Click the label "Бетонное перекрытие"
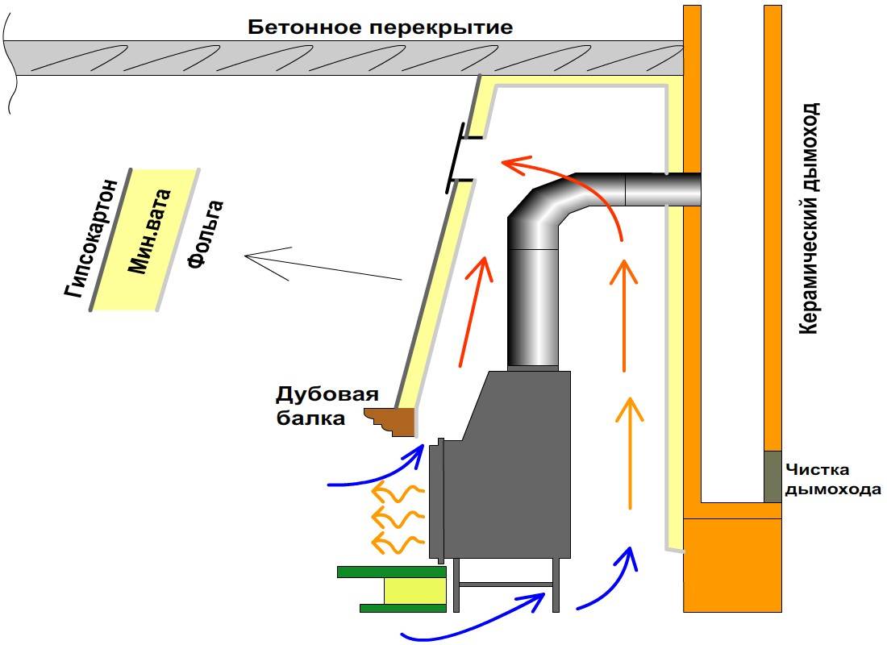click(380, 27)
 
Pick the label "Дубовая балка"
click(315, 406)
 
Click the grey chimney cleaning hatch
click(772, 476)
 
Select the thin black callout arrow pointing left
click(323, 267)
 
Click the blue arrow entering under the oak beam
click(379, 472)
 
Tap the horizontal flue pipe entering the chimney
click(661, 190)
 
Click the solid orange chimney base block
click(731, 564)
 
